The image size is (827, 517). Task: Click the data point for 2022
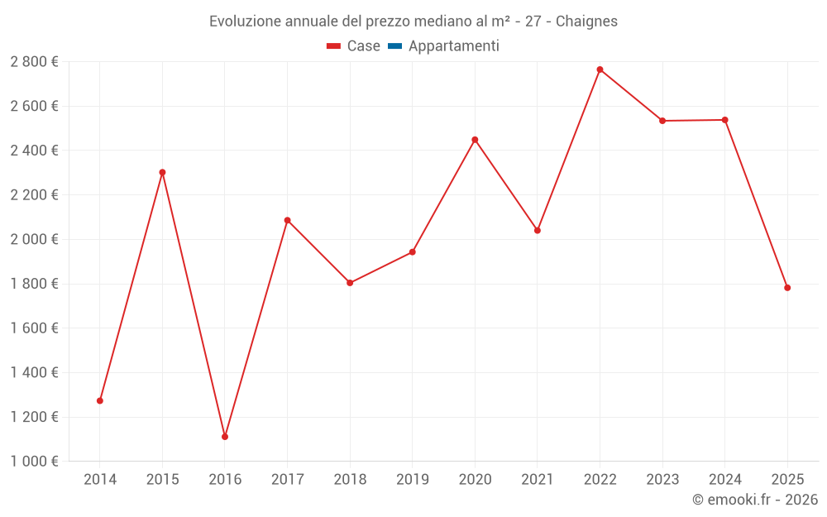pos(600,69)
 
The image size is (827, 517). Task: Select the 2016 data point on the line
pos(225,437)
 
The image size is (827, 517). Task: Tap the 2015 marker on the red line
pos(162,172)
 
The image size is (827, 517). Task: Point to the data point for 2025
pos(787,288)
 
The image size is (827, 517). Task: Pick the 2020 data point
pos(475,140)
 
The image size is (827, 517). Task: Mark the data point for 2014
pos(100,400)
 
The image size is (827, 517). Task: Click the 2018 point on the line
pos(350,283)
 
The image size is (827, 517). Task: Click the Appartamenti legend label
pos(453,46)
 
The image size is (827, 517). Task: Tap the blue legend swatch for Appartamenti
pos(394,46)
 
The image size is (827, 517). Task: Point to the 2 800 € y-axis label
pos(34,62)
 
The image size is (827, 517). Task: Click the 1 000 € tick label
pos(34,462)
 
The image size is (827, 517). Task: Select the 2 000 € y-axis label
pos(34,240)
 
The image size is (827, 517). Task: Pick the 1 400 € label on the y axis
pos(34,373)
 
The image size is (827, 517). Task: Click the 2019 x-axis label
pos(413,480)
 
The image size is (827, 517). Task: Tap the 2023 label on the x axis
pos(662,480)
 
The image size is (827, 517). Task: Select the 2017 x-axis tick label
pos(287,480)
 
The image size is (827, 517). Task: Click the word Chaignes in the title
pos(586,22)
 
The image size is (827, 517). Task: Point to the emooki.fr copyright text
pos(755,500)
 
